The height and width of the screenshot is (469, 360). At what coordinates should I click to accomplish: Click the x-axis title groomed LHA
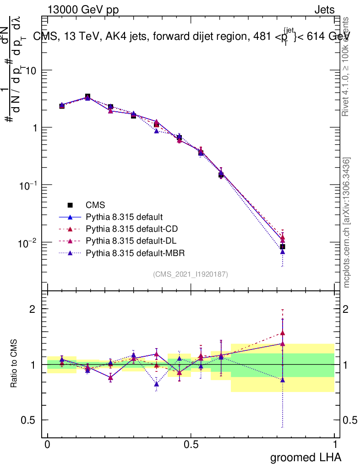coord(305,457)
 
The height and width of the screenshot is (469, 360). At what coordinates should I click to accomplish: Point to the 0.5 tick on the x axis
coord(191,445)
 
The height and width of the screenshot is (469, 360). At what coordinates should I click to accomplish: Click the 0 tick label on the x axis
coord(47,445)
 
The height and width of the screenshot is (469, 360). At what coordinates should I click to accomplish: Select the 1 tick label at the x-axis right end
coord(335,445)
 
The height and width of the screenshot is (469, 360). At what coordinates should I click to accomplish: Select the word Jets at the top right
coord(324,10)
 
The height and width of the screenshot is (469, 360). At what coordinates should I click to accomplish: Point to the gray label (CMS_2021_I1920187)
coord(191,274)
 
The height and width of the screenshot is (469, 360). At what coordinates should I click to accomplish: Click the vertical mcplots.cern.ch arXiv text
coord(347,223)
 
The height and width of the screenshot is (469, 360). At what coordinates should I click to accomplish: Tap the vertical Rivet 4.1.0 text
coord(347,66)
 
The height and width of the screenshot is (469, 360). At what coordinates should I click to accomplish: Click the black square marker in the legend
coord(70,205)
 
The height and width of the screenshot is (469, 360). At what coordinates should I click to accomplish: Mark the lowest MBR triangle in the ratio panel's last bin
coord(283,380)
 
